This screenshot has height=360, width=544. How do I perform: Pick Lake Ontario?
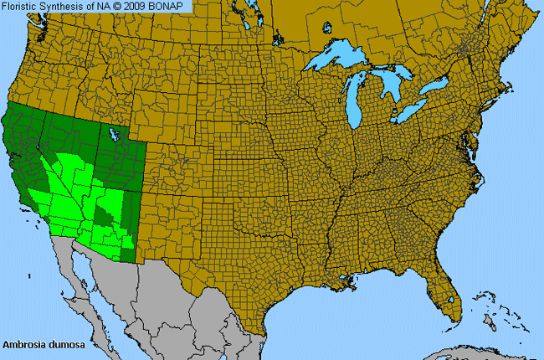[x=436, y=87]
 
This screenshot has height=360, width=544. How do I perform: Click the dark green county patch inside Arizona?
[x=105, y=215]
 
